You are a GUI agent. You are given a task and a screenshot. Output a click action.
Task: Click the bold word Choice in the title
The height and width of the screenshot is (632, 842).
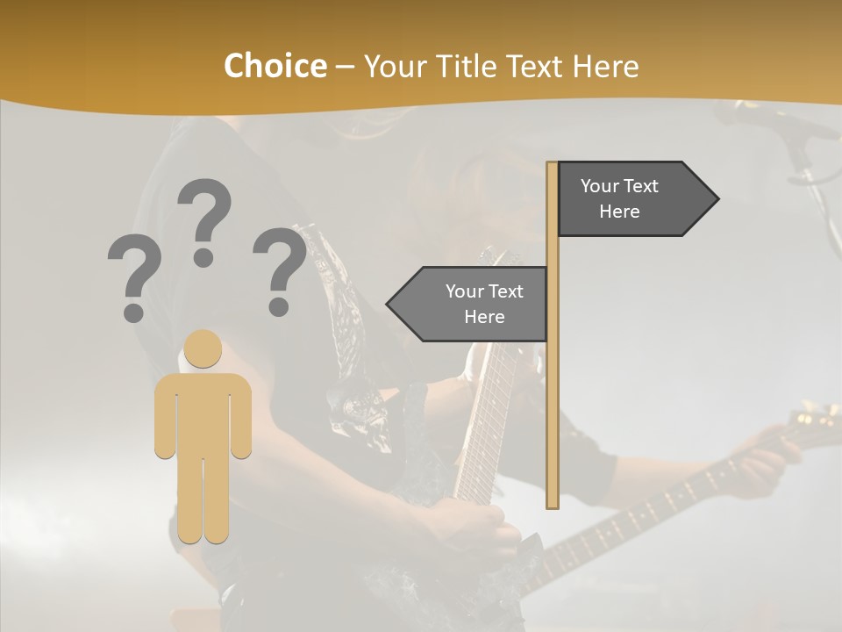pyautogui.click(x=275, y=66)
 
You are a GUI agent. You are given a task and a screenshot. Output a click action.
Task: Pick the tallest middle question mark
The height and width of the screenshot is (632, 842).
pyautogui.click(x=204, y=222)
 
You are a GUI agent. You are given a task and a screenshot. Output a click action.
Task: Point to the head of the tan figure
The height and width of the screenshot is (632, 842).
pyautogui.click(x=203, y=348)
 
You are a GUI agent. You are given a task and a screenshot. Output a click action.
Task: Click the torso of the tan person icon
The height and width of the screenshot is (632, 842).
pyautogui.click(x=203, y=413)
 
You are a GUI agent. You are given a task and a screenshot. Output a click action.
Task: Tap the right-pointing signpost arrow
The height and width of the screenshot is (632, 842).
pyautogui.click(x=631, y=199)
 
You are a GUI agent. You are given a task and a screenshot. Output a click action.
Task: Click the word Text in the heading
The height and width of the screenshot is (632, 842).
pyautogui.click(x=532, y=66)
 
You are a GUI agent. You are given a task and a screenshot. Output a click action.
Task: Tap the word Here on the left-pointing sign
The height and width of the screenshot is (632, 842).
pyautogui.click(x=484, y=317)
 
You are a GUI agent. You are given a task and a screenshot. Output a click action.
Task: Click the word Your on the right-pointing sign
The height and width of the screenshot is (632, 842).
pyautogui.click(x=600, y=186)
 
